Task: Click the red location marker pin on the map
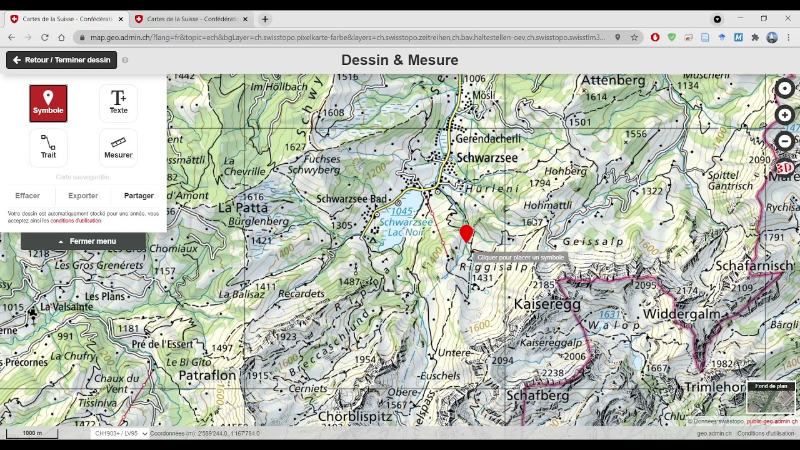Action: click(x=466, y=233)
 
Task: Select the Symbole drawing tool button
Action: click(x=48, y=103)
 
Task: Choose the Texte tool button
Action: click(x=118, y=103)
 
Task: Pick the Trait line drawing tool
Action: click(x=48, y=147)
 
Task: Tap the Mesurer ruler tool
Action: click(x=118, y=147)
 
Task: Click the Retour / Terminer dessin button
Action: click(x=61, y=60)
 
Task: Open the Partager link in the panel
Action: click(x=139, y=196)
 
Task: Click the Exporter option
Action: click(x=83, y=196)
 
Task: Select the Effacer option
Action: click(x=27, y=196)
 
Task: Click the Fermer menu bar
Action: click(x=84, y=241)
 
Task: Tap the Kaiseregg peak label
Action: click(x=547, y=304)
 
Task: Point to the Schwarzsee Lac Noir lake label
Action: click(x=406, y=227)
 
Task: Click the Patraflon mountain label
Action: click(x=207, y=375)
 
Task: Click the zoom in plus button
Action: click(x=784, y=115)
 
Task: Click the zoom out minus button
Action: click(x=784, y=141)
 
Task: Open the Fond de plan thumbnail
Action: click(x=771, y=398)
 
